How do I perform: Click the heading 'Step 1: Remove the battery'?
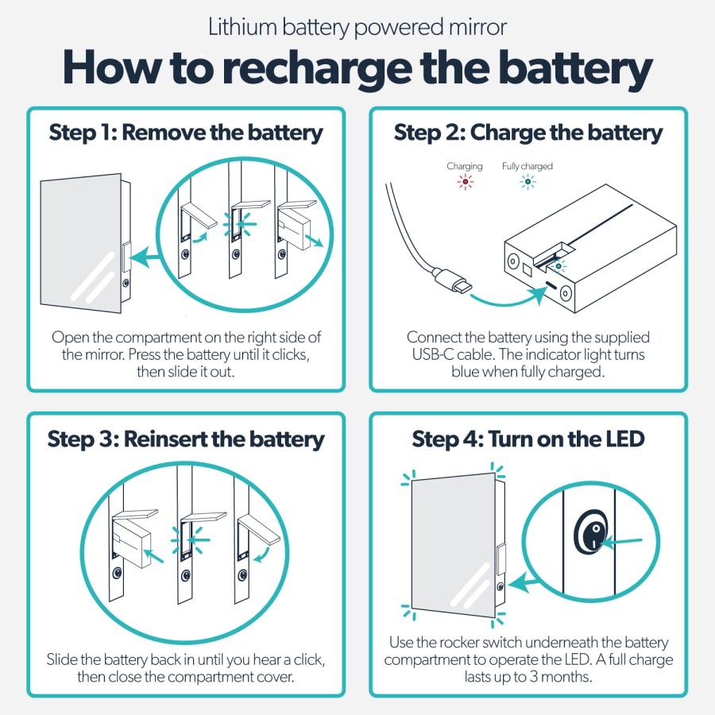(x=186, y=132)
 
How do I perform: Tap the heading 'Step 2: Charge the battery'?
(x=528, y=132)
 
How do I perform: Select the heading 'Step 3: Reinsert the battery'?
(x=186, y=439)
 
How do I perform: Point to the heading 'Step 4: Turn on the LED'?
(x=528, y=439)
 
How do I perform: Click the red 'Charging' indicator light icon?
(x=465, y=182)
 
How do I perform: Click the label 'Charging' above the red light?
(x=465, y=166)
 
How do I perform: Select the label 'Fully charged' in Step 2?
(x=527, y=166)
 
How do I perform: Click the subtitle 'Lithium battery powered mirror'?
(x=357, y=27)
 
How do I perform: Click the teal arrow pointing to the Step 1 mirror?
(x=149, y=257)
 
